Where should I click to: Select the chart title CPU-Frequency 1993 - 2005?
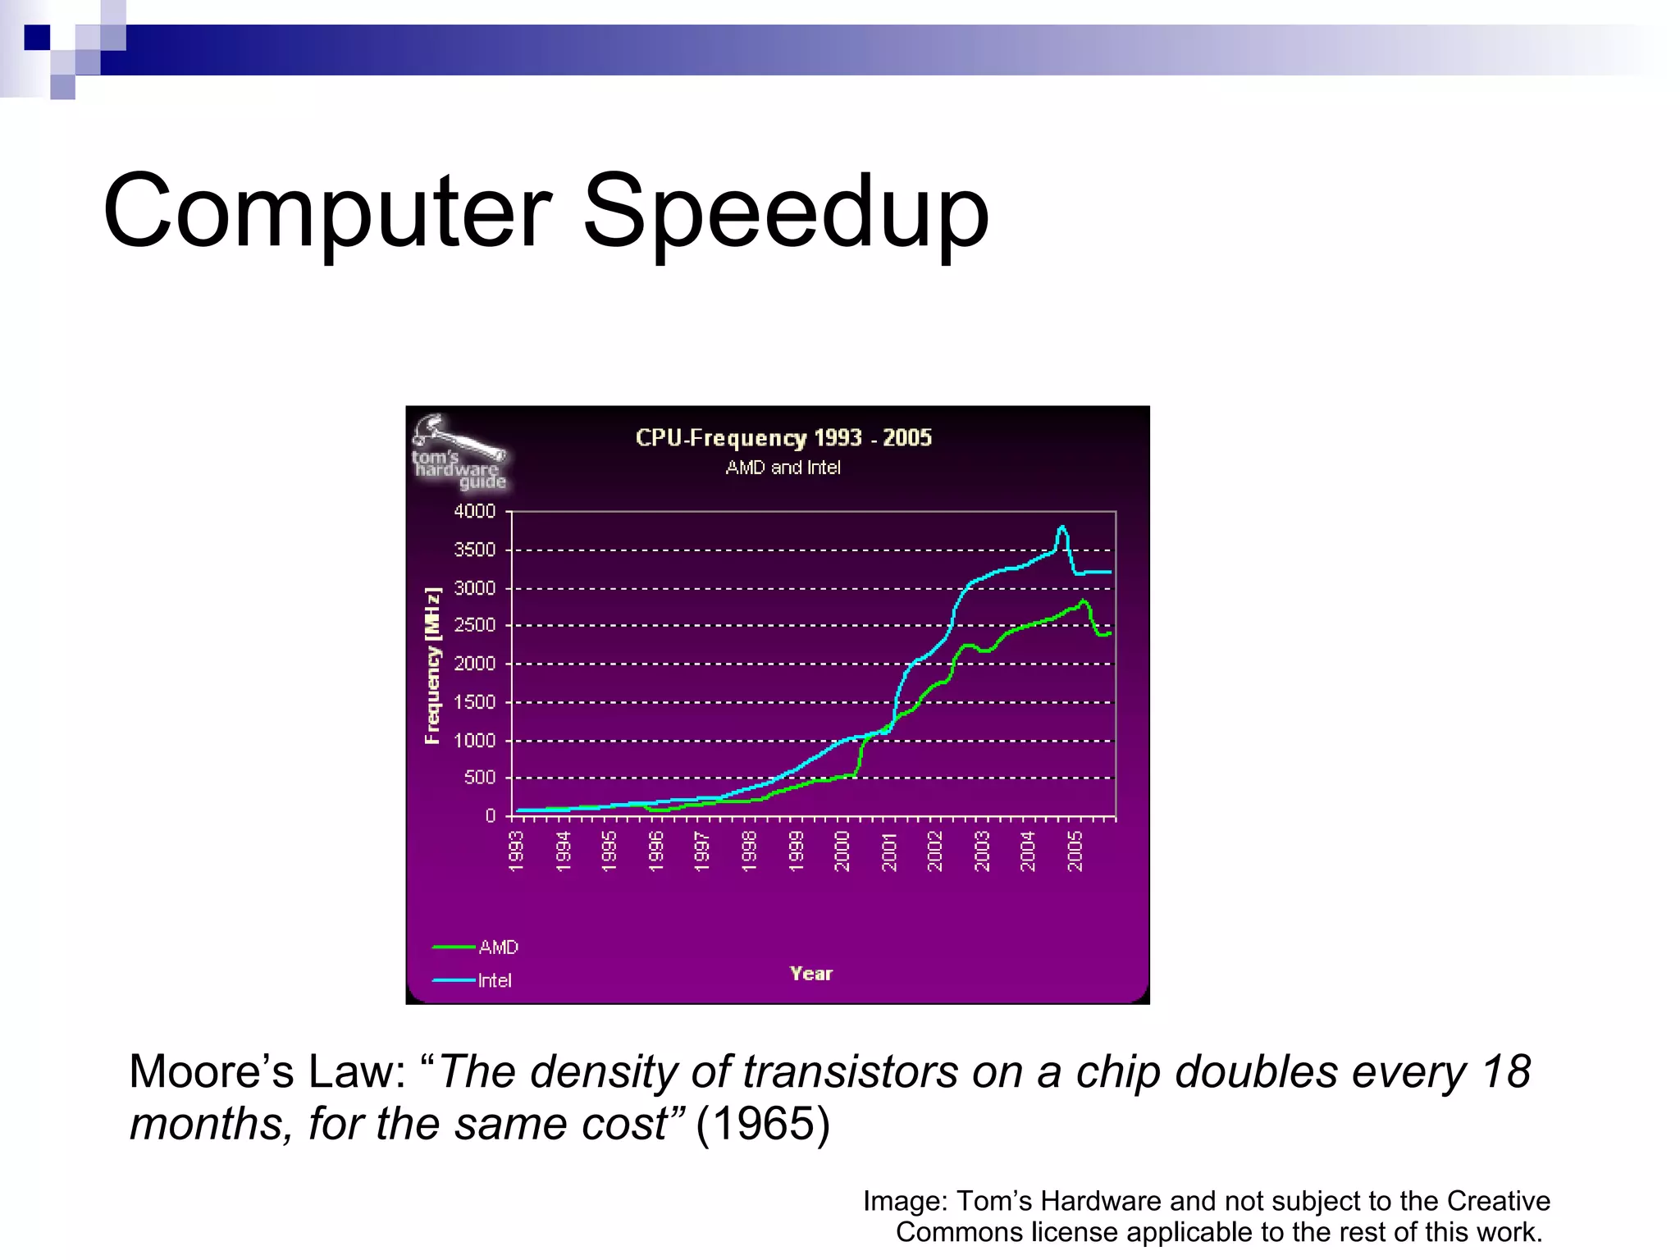(x=783, y=437)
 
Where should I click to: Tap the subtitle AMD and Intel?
(x=783, y=468)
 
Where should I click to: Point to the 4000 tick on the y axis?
(x=475, y=511)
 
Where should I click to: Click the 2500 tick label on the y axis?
(x=475, y=625)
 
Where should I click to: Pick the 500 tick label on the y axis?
(x=480, y=777)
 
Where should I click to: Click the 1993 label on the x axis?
(x=516, y=851)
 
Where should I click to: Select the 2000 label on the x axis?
(x=842, y=851)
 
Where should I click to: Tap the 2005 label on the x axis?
(x=1075, y=851)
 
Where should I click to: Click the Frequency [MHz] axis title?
(x=432, y=665)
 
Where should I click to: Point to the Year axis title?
(x=810, y=974)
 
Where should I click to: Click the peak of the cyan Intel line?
(x=1062, y=527)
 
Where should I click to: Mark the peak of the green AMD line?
(x=1084, y=601)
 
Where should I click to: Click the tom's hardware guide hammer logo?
(x=458, y=452)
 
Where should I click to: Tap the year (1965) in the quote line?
(x=763, y=1123)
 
